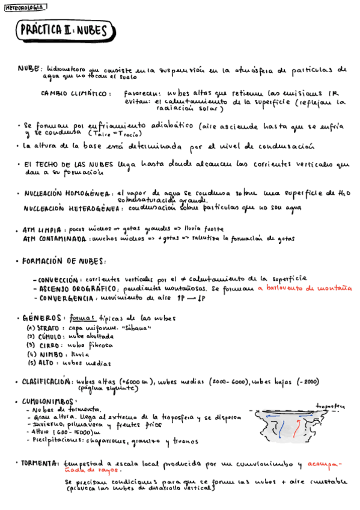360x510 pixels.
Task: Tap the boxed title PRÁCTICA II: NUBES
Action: pyautogui.click(x=63, y=31)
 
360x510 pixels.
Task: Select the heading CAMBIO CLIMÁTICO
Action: pyautogui.click(x=76, y=94)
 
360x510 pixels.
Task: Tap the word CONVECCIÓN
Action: pyautogui.click(x=58, y=280)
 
